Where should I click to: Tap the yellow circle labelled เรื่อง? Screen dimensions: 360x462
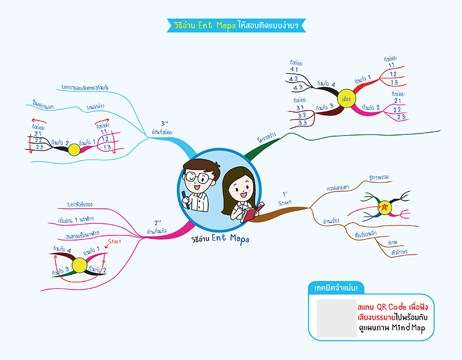tap(346, 97)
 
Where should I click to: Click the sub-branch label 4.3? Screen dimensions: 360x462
tap(298, 88)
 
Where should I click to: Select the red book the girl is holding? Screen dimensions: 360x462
tap(253, 212)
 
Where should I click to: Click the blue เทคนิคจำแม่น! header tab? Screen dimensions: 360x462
tap(337, 287)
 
